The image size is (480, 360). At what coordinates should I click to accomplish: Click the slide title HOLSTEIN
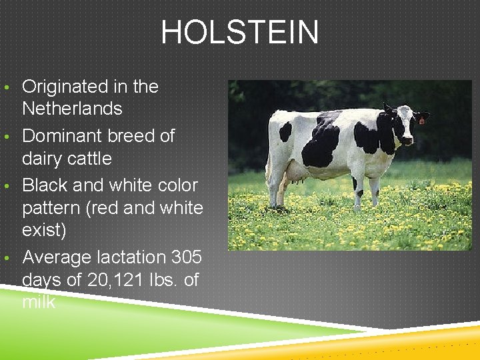[239, 33]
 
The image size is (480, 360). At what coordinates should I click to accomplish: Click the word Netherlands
[72, 109]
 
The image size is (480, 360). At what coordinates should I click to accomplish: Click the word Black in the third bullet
[45, 185]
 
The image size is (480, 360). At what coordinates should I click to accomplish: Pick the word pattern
[52, 208]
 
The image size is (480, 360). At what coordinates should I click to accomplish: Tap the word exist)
[45, 231]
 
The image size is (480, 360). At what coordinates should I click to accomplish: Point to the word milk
[39, 303]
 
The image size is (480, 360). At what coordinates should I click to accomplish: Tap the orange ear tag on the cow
[421, 120]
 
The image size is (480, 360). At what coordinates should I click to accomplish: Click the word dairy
[41, 159]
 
